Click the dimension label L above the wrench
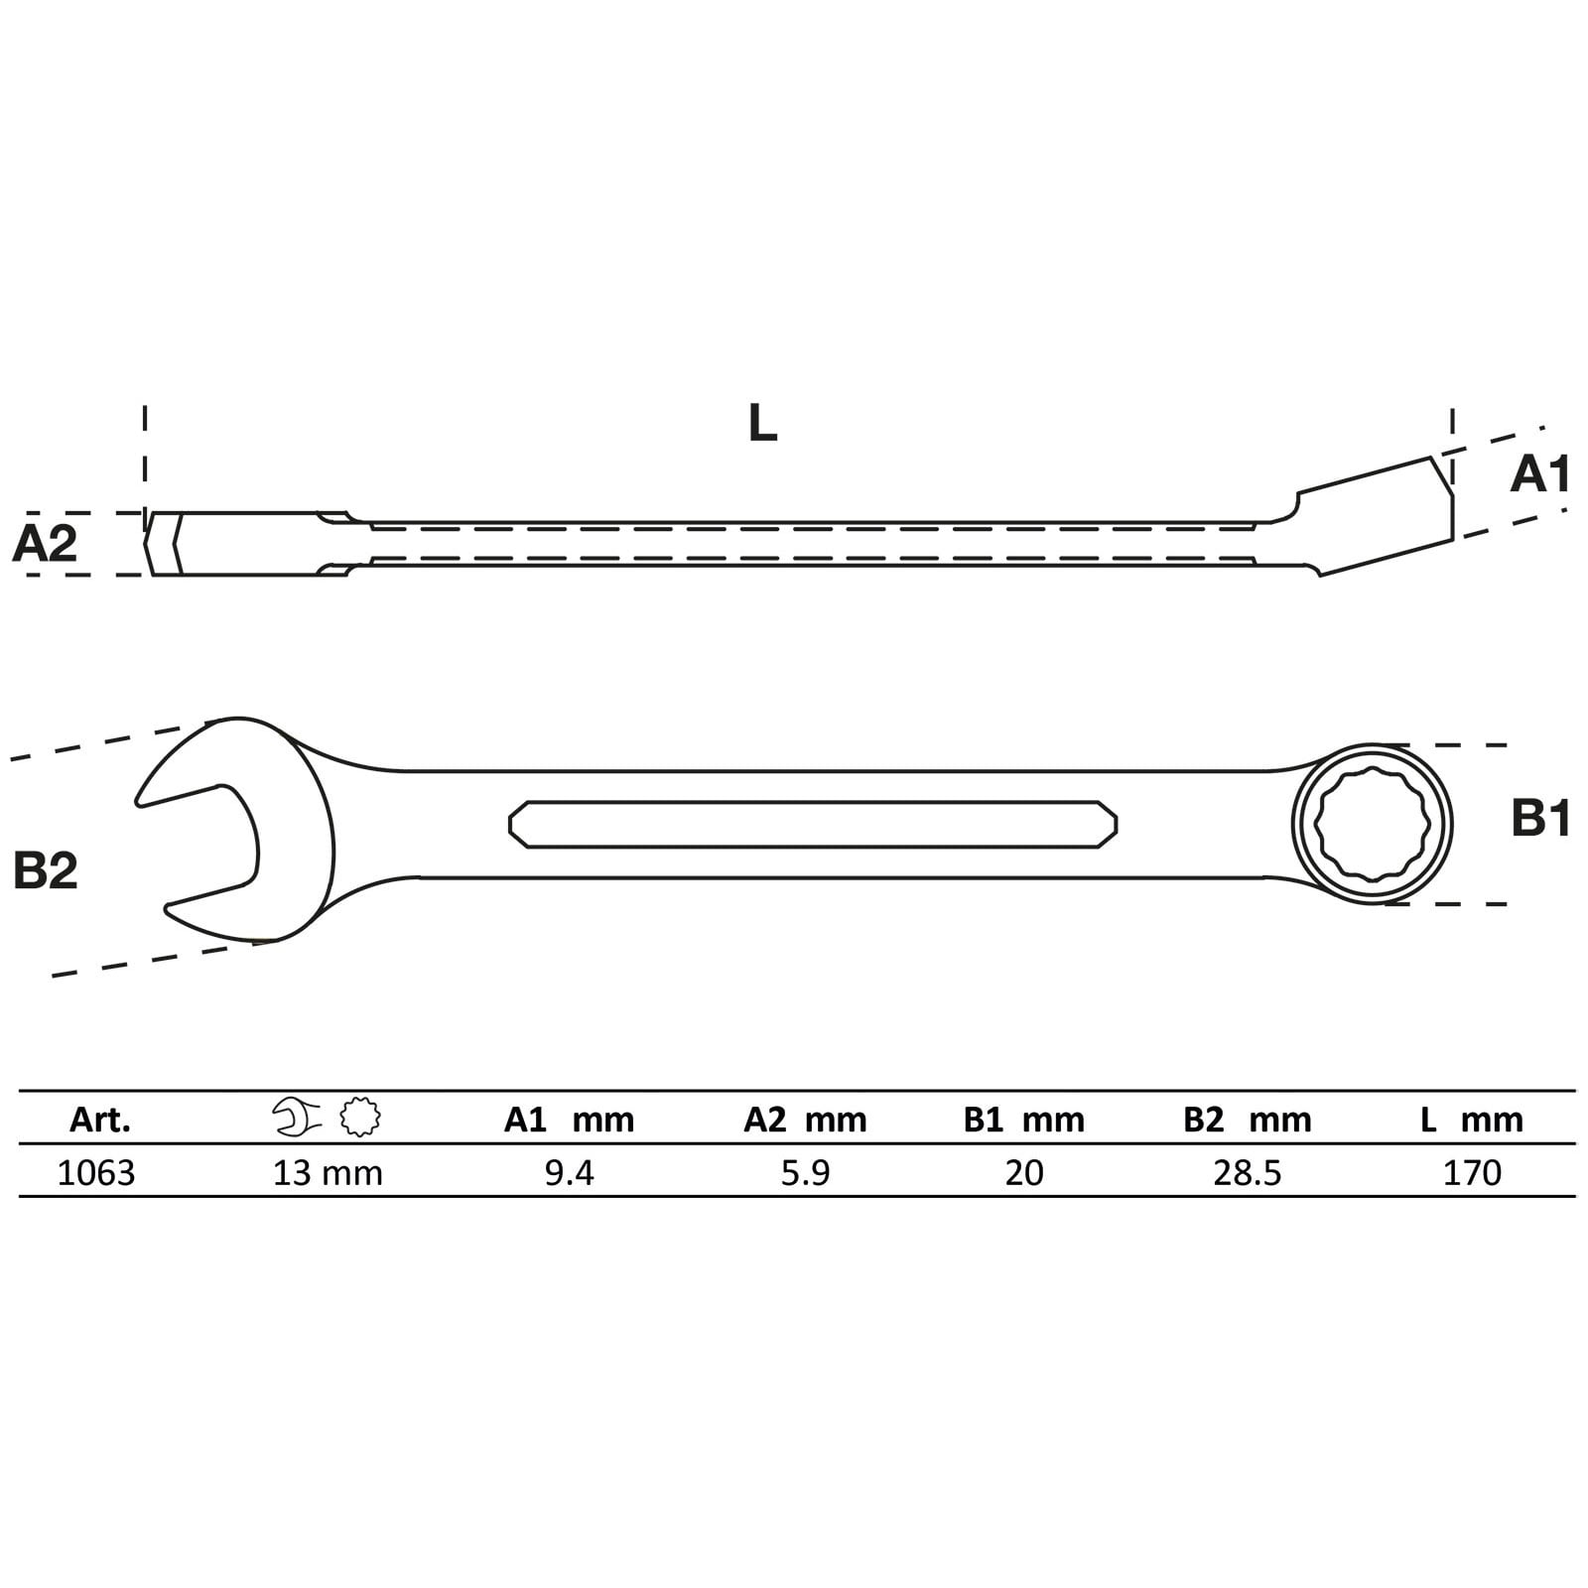pos(762,425)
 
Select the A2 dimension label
pos(45,544)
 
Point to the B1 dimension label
pos(1540,820)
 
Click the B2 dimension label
pos(45,870)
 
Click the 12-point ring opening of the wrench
pos(1372,824)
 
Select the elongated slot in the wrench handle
pos(812,824)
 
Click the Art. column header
pos(99,1120)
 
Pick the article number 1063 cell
pos(96,1173)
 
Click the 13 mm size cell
pos(328,1173)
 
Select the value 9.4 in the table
pos(569,1173)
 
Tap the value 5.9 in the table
pos(805,1173)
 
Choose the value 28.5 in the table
pos(1247,1173)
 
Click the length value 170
pos(1472,1173)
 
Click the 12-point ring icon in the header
pos(360,1118)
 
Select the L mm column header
pos(1471,1120)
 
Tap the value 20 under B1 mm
pos(1024,1173)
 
